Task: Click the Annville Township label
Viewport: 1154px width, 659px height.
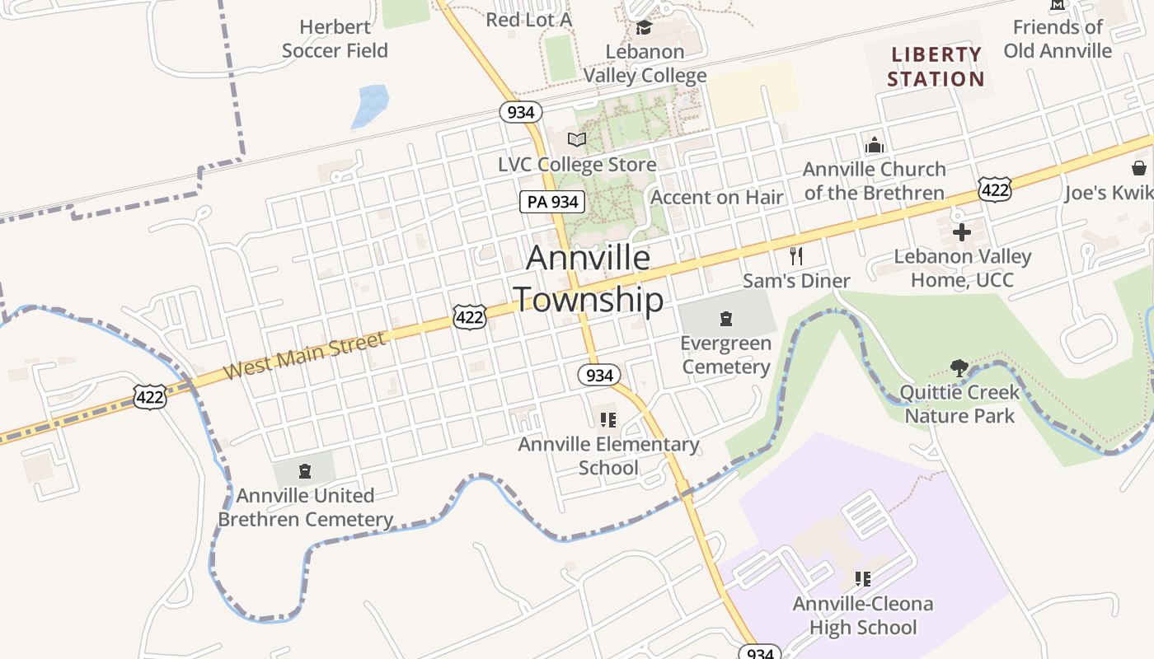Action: point(589,279)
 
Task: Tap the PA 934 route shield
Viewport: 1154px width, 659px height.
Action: point(552,202)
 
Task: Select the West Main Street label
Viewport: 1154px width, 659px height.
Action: point(304,356)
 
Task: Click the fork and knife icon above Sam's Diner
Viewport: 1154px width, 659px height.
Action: point(796,255)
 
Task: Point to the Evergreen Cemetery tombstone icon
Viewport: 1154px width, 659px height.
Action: point(726,319)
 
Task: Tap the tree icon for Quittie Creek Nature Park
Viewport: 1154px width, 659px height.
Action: point(959,367)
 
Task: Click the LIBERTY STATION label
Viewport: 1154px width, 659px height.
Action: point(936,67)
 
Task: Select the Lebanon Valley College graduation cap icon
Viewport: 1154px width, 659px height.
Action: point(644,27)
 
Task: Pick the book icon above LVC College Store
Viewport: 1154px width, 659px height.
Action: point(577,139)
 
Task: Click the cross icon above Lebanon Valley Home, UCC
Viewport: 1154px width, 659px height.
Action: point(962,232)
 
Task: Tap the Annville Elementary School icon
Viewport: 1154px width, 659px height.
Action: point(608,420)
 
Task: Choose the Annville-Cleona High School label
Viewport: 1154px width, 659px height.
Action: point(863,615)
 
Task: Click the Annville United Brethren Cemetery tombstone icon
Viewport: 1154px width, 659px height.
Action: point(305,471)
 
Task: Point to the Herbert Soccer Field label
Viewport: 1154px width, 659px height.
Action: point(335,39)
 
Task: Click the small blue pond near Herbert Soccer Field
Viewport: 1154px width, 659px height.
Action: point(370,106)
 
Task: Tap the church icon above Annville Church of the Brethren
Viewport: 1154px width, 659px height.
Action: point(875,145)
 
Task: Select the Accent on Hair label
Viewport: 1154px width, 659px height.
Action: point(716,197)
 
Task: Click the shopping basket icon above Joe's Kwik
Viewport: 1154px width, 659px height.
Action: point(1138,168)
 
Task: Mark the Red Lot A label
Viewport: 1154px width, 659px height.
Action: point(528,19)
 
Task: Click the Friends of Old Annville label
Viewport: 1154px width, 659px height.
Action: point(1058,39)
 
